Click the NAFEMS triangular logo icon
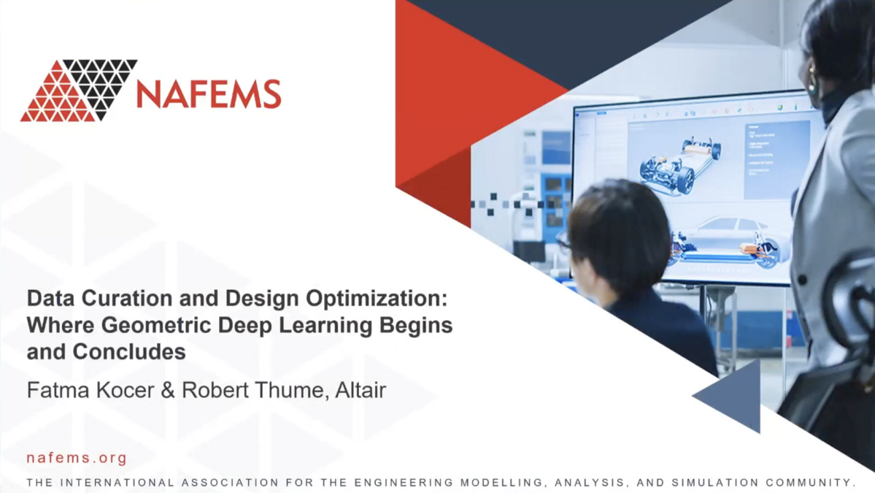(x=78, y=91)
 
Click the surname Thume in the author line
(x=286, y=390)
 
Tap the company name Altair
(x=360, y=390)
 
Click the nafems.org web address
(x=77, y=459)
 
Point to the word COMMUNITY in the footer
(x=810, y=483)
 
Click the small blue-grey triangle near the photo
(x=733, y=397)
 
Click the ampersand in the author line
(x=168, y=390)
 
